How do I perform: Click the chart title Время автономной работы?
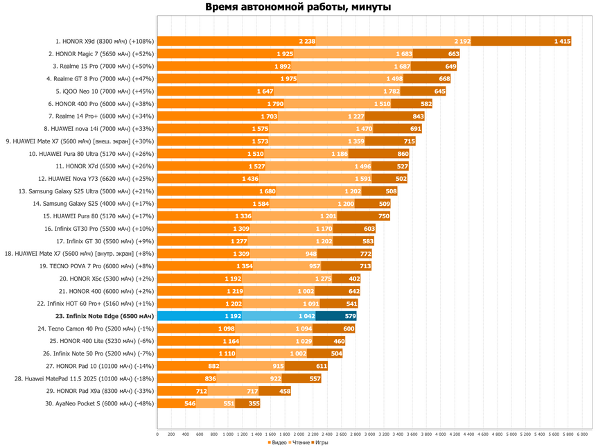point(298,8)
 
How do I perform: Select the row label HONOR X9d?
point(105,41)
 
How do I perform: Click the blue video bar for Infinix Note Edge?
point(201,316)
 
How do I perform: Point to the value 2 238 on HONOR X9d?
point(307,41)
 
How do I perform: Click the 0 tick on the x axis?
point(157,435)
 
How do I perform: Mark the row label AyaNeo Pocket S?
point(105,403)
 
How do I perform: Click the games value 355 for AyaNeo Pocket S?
point(254,403)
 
